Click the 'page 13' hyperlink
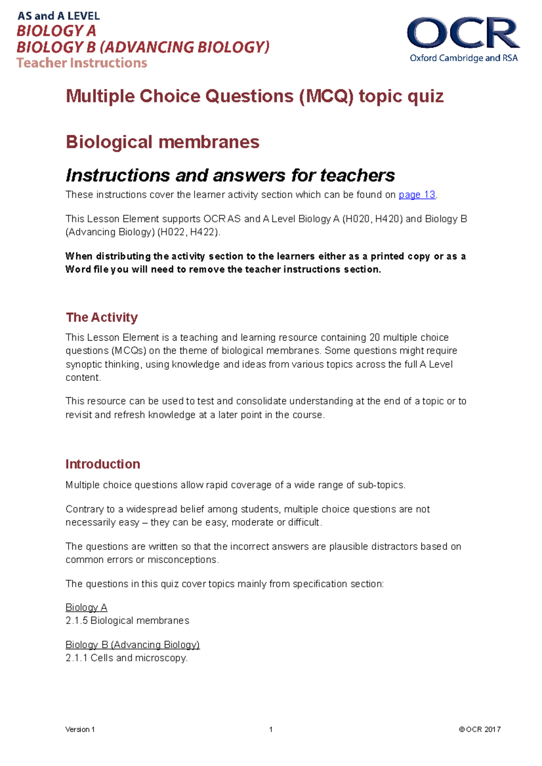point(416,194)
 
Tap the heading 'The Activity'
point(102,317)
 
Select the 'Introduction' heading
point(103,464)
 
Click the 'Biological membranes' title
point(162,142)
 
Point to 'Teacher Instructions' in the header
point(82,63)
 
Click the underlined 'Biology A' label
point(86,607)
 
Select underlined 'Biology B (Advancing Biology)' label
point(132,645)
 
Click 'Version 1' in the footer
point(80,729)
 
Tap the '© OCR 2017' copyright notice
point(479,729)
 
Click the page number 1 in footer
point(271,729)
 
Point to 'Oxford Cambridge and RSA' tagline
point(463,58)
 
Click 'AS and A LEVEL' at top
point(59,16)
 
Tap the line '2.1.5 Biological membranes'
point(127,620)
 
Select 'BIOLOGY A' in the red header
point(56,31)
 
